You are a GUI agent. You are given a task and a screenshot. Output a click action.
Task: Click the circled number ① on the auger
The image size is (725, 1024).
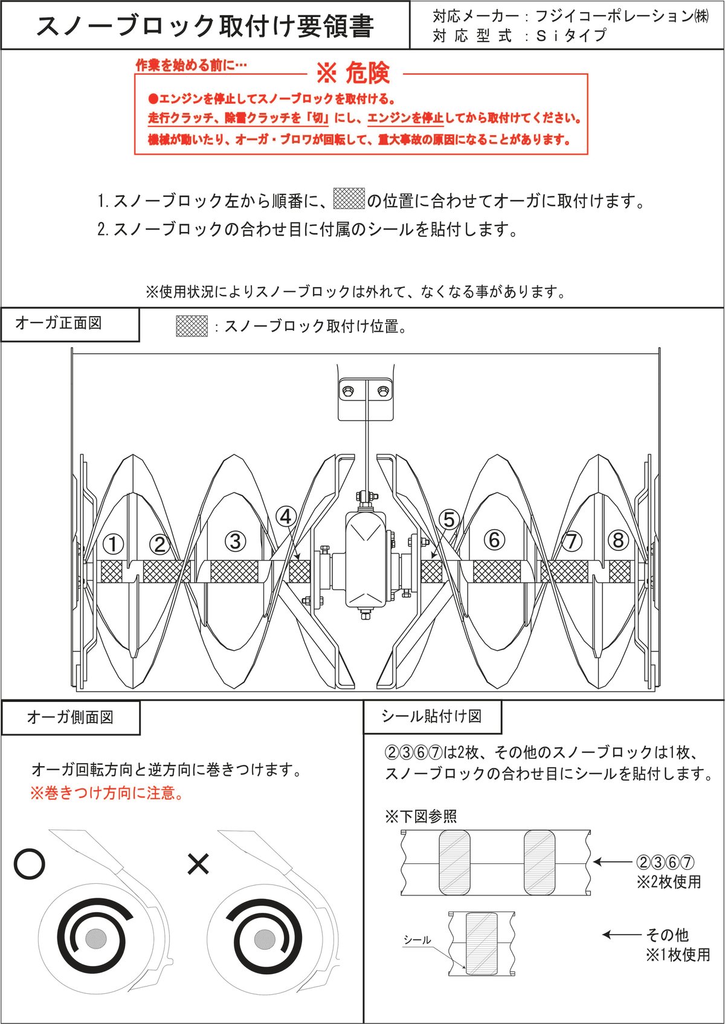[x=113, y=544]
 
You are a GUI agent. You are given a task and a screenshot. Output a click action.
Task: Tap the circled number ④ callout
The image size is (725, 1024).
[x=286, y=517]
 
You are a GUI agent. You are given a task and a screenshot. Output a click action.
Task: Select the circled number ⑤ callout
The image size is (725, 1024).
[x=449, y=520]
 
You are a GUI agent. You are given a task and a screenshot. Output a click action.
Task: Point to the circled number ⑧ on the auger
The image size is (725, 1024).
[x=617, y=540]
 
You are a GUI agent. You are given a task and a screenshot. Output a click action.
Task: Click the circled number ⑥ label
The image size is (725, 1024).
[x=494, y=539]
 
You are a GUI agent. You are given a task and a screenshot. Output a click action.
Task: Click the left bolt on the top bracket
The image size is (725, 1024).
[x=348, y=391]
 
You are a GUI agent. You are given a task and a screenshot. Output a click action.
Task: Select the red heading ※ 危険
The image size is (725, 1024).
[x=353, y=73]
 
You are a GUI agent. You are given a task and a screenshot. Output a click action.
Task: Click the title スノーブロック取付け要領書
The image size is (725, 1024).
[x=205, y=26]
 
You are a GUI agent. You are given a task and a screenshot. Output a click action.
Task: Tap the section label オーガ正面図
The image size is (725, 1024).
[x=59, y=323]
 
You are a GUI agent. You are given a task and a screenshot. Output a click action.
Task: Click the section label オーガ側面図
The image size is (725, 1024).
[x=70, y=718]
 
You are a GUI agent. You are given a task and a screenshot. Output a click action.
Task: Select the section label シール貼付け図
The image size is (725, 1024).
[x=431, y=716]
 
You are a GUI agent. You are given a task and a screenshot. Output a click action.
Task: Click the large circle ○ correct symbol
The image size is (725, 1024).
[x=29, y=865]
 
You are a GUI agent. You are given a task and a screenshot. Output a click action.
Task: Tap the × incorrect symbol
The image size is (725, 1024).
[x=198, y=864]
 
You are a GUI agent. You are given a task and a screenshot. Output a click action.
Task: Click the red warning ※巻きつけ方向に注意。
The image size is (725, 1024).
[x=108, y=793]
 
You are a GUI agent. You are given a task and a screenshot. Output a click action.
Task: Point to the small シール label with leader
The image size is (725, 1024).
[x=417, y=940]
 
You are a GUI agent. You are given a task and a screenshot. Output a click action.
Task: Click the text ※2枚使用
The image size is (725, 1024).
[x=668, y=882]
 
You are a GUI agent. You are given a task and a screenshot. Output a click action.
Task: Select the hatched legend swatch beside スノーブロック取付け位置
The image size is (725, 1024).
[x=192, y=326]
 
